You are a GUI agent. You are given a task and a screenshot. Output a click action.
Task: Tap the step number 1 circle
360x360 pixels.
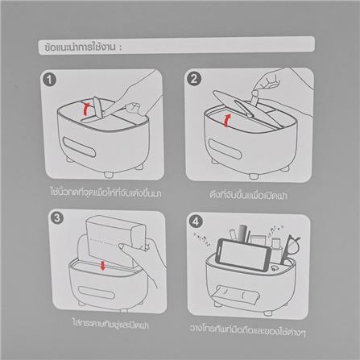pyautogui.click(x=50, y=79)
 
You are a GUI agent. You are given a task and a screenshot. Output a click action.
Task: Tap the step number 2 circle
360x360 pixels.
pyautogui.click(x=194, y=79)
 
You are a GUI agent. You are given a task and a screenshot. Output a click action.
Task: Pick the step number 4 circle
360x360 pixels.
pyautogui.click(x=195, y=218)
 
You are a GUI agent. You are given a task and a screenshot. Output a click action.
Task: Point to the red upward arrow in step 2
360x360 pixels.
pyautogui.click(x=228, y=121)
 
